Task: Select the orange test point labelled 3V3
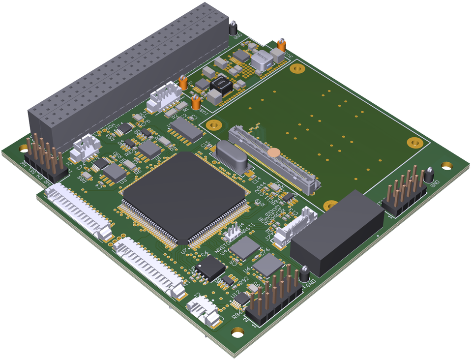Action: click(x=282, y=45)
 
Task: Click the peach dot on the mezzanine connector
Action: click(x=275, y=152)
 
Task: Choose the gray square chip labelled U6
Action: click(x=268, y=265)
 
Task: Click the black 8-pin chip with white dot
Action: click(x=210, y=268)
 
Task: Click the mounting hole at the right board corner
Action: click(x=446, y=165)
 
